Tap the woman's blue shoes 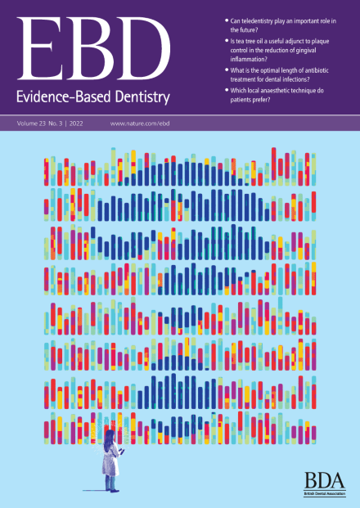point(112,490)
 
